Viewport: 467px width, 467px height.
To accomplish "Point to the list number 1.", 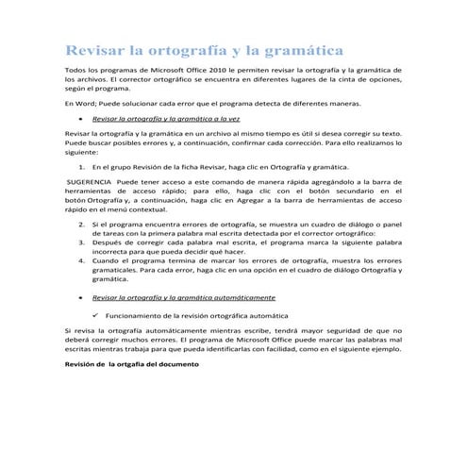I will point(85,165).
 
